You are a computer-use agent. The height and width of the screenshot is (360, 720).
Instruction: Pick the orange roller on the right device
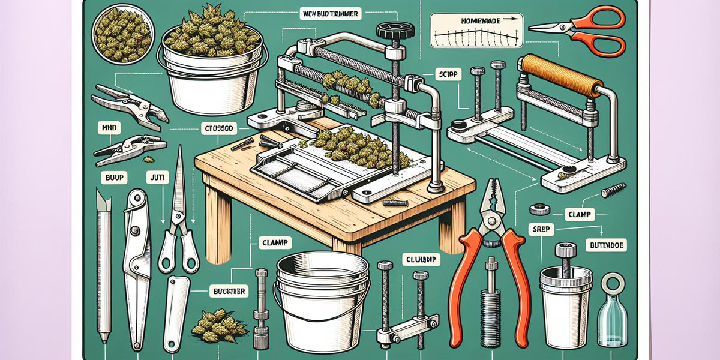coord(560,75)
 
